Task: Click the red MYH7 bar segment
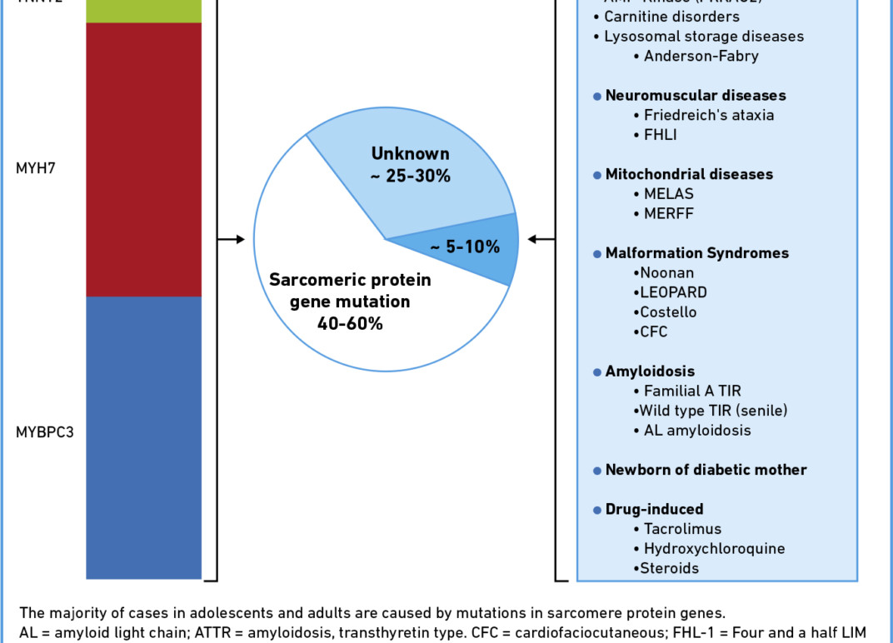(143, 158)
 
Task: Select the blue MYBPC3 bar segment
(143, 437)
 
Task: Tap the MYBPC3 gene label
(45, 432)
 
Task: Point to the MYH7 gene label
(34, 167)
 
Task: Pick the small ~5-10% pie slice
(475, 247)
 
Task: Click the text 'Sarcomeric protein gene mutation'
(350, 291)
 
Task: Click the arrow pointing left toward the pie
(542, 240)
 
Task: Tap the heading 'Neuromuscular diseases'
(695, 96)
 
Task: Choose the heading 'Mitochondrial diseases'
(689, 174)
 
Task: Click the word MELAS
(669, 194)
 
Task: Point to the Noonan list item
(666, 272)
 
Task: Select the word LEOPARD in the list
(673, 292)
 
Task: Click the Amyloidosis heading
(650, 371)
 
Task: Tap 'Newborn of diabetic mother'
(706, 470)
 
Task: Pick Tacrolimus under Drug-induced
(682, 529)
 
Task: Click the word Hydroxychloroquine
(714, 549)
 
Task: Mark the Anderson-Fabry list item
(701, 57)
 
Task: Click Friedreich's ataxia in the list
(709, 115)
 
